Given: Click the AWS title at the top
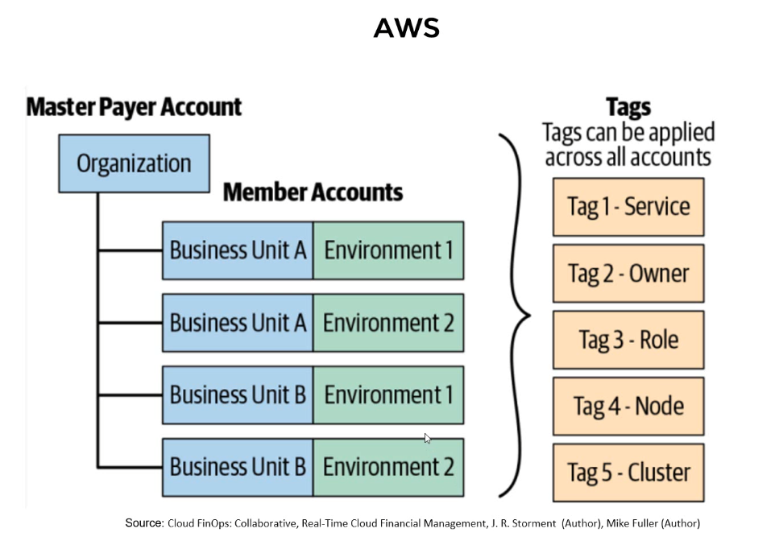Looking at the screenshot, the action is coord(406,27).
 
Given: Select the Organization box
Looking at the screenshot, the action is coord(134,163).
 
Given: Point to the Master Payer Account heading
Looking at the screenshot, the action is coord(134,107).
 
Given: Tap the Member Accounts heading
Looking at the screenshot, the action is coord(313,192).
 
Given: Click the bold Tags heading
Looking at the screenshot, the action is coord(628,107).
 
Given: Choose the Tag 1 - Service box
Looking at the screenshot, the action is coord(628,207).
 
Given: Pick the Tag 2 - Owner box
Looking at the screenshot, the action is coord(628,273).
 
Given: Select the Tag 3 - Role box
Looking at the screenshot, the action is coord(628,340).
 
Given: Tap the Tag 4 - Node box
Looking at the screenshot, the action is coord(628,406).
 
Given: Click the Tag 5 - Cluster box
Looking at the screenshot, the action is coord(628,473).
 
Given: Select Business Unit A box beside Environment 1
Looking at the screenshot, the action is coord(238,250).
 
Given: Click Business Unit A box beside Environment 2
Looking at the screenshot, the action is coord(238,323).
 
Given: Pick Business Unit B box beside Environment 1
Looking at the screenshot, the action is coord(238,395).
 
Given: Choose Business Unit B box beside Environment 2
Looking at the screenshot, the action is coord(238,468).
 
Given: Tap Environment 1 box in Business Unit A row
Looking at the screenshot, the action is coord(388,250).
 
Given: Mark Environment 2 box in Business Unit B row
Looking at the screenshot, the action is coord(388,468).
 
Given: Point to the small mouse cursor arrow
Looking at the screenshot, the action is coord(427,438).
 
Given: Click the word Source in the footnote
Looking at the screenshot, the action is coord(144,523).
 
